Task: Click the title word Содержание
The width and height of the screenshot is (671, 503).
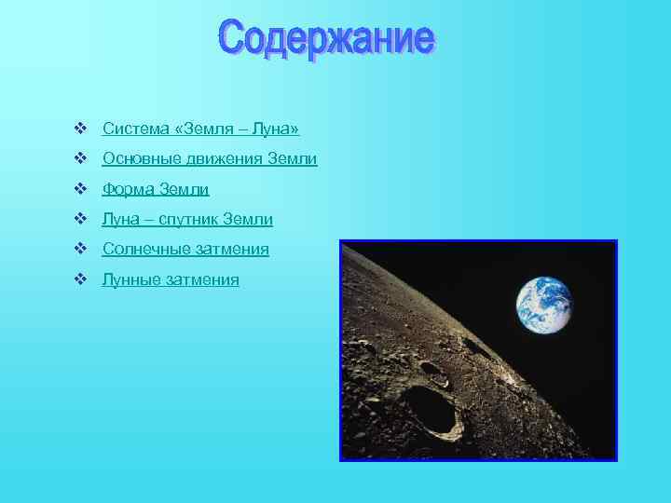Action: pos(327,39)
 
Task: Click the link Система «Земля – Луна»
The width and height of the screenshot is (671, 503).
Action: pos(200,129)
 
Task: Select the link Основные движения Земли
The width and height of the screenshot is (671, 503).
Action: pos(210,159)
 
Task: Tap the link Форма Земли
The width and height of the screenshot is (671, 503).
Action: pos(156,190)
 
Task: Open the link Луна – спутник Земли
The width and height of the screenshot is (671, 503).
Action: pos(187,220)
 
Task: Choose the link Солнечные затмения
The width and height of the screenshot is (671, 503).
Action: pos(185,250)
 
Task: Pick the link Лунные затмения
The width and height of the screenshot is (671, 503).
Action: pos(171,279)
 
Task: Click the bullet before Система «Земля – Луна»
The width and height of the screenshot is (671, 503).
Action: pos(80,129)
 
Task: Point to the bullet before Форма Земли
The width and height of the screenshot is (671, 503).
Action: pos(80,189)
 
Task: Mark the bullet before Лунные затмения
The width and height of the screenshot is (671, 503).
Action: pos(80,279)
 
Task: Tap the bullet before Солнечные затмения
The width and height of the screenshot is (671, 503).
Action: pos(80,249)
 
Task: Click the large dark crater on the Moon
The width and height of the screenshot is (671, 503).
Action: pos(430,410)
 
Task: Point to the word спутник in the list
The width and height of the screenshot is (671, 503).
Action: pos(192,220)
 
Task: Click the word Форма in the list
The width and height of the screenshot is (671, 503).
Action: pos(129,190)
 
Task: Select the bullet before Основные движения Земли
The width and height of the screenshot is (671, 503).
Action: pos(80,159)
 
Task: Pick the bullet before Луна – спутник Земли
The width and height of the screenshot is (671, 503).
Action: pos(80,219)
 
